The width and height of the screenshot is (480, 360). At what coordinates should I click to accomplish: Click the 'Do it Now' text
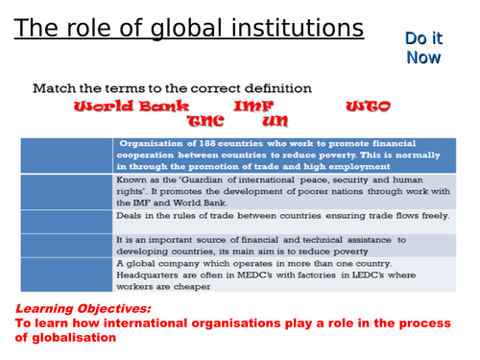pyautogui.click(x=422, y=48)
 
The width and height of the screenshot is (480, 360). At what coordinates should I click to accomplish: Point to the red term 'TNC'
pyautogui.click(x=204, y=122)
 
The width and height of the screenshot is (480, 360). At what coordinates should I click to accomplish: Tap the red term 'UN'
pyautogui.click(x=275, y=122)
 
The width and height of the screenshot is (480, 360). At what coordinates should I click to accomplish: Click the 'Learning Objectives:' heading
pyautogui.click(x=83, y=309)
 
